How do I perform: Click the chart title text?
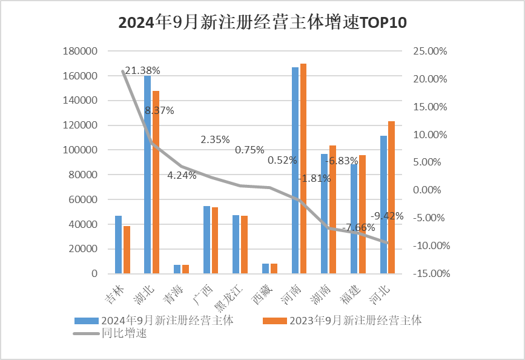pyautogui.click(x=262, y=23)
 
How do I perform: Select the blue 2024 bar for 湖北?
pyautogui.click(x=147, y=176)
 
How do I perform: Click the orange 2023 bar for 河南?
pyautogui.click(x=303, y=170)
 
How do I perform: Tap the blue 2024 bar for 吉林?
pyautogui.click(x=118, y=245)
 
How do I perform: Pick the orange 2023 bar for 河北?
pyautogui.click(x=391, y=198)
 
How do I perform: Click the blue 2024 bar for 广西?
pyautogui.click(x=206, y=240)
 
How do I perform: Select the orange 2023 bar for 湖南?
pyautogui.click(x=332, y=210)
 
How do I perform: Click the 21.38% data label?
pyautogui.click(x=142, y=70)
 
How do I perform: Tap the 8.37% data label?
pyautogui.click(x=160, y=110)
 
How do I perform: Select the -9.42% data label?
pyautogui.click(x=388, y=216)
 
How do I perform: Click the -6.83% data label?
pyautogui.click(x=343, y=162)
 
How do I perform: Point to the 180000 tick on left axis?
pyautogui.click(x=80, y=52)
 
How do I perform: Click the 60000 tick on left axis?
pyautogui.click(x=82, y=199)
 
